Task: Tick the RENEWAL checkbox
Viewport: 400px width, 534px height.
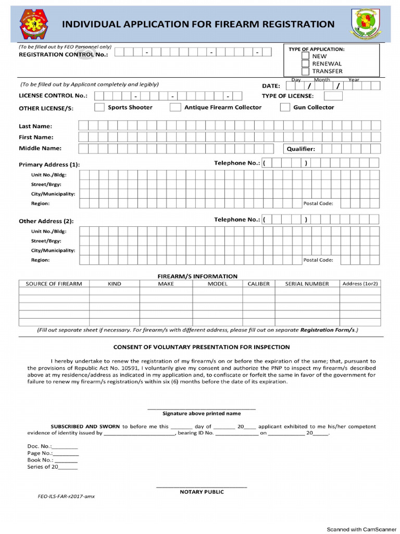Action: [x=305, y=64]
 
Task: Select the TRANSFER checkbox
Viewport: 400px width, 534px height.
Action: [x=305, y=71]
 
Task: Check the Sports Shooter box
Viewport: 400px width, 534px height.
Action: [x=99, y=107]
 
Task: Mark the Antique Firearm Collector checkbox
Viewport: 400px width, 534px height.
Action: [x=175, y=107]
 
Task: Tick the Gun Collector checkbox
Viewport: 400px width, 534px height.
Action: [x=285, y=107]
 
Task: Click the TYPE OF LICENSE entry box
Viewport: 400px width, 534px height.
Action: [x=333, y=96]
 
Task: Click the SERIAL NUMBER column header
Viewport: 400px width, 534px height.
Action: [x=307, y=284]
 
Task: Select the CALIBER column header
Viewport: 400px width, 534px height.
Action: [x=258, y=284]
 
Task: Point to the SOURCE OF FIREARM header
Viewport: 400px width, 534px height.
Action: [x=54, y=284]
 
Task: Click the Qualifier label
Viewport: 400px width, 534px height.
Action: [x=301, y=149]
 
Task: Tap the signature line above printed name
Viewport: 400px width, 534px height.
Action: [x=202, y=408]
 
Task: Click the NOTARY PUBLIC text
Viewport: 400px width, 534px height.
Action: [x=202, y=492]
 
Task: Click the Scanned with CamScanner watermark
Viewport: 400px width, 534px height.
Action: [x=361, y=529]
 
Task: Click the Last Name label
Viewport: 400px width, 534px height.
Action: [x=35, y=126]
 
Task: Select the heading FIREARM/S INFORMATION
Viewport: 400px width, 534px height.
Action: [x=197, y=276]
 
